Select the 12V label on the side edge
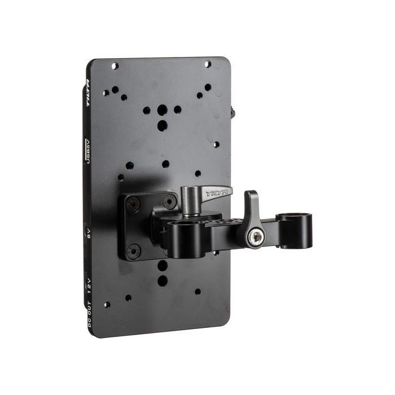(89, 286)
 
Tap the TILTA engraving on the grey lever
(217, 194)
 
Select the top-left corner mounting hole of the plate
(115, 66)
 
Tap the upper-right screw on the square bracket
(170, 199)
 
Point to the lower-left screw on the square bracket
(133, 249)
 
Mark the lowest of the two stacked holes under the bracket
(163, 280)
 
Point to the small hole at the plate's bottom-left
(107, 305)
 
